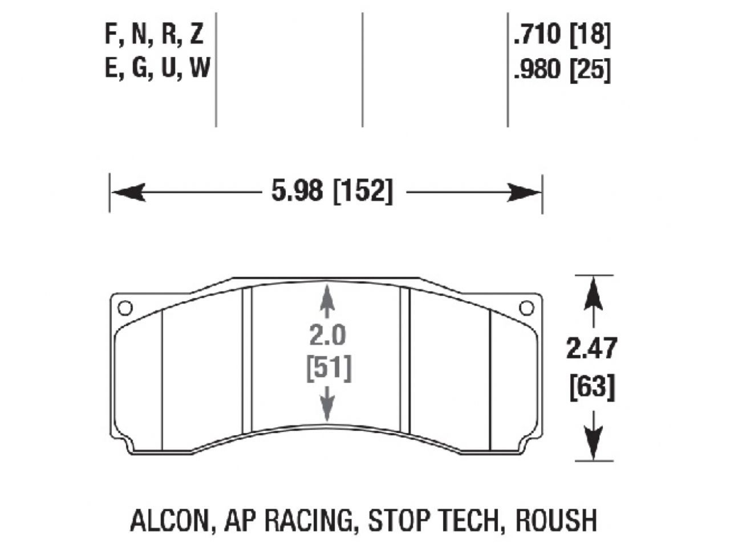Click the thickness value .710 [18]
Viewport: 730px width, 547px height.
562,35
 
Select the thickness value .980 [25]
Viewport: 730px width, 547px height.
562,71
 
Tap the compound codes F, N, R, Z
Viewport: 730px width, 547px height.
154,35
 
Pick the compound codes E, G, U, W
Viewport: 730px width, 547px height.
157,70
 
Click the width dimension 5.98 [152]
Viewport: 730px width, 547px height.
332,191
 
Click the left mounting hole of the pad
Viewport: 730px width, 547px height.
124,308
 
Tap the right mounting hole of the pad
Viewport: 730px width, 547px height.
526,308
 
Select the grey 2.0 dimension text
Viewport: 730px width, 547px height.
327,336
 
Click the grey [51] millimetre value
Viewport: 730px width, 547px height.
327,368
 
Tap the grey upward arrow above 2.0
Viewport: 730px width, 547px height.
327,300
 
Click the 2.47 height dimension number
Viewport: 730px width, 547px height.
591,349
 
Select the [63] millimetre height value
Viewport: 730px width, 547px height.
592,389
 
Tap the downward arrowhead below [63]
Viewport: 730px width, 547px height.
594,444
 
